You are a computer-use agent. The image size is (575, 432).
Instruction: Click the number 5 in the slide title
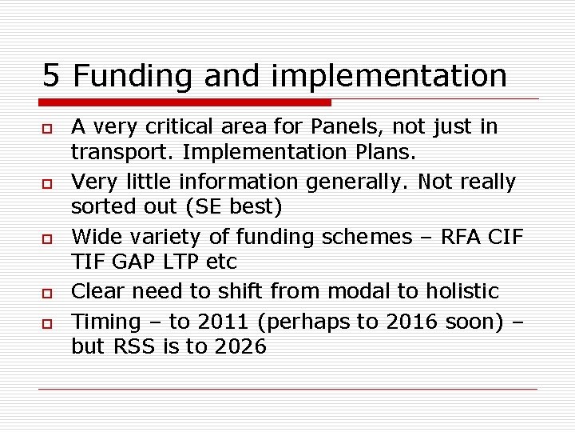(x=51, y=76)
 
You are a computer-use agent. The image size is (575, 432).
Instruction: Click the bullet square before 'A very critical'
(x=47, y=128)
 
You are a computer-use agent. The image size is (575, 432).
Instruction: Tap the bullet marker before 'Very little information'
(x=47, y=183)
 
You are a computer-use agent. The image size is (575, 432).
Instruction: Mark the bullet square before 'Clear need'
(x=47, y=293)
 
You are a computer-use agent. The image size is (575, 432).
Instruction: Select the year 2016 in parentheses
(x=411, y=322)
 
